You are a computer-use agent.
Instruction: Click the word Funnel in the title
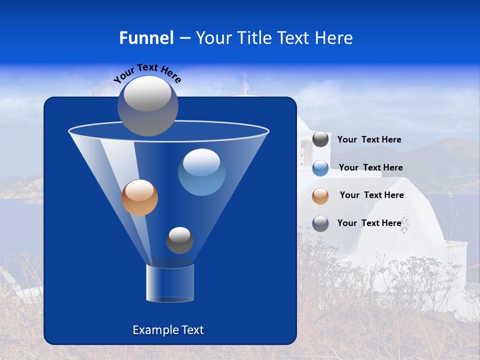click(x=146, y=38)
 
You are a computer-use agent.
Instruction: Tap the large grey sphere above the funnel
click(x=148, y=105)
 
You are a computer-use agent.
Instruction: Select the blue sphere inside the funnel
click(x=201, y=172)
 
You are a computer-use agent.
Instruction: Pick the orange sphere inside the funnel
click(x=140, y=197)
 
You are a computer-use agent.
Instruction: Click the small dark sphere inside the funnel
click(x=179, y=240)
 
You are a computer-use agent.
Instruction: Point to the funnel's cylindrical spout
click(x=170, y=283)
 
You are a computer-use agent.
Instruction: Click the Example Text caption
click(x=168, y=330)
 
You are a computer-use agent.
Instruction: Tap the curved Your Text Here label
click(x=147, y=73)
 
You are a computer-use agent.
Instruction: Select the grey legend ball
click(x=320, y=139)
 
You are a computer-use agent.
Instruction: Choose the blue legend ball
click(x=320, y=168)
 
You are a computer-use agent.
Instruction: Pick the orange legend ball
click(x=320, y=195)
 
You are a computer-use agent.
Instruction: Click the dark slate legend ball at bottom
click(x=320, y=223)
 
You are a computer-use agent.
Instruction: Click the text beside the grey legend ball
click(x=369, y=140)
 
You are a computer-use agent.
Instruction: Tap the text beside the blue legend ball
click(x=370, y=168)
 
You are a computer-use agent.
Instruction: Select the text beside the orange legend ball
click(x=371, y=195)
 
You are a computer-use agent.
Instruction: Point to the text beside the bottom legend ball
click(x=369, y=223)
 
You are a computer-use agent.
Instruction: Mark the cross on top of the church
click(x=244, y=80)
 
